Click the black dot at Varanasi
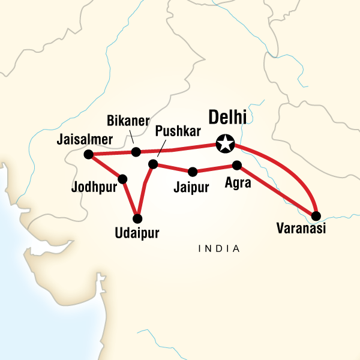pos(316,215)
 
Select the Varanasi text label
pos(301,229)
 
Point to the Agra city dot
pos(236,165)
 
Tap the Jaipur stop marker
pos(192,170)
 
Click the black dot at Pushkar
pos(152,164)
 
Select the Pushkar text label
pos(175,131)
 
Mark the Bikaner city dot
pos(136,151)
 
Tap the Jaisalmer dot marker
pos(88,154)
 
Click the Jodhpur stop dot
pos(123,179)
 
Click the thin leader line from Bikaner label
pos(133,140)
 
